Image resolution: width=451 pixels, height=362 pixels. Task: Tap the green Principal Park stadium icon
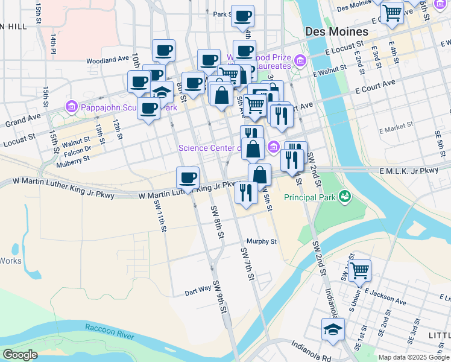344,196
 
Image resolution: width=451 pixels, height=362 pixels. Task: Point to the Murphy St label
261,241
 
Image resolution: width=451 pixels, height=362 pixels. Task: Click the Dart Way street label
198,291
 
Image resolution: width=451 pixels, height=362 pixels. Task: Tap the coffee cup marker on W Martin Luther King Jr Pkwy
188,177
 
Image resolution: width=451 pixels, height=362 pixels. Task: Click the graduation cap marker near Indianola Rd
333,329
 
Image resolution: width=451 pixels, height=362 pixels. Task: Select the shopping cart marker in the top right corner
393,12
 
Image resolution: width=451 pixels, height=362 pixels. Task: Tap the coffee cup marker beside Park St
242,16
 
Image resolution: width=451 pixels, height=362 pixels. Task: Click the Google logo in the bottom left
20,355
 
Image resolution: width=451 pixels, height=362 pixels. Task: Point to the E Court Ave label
374,85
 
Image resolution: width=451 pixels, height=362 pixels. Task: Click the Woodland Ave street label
107,60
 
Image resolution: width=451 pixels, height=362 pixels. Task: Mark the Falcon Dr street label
80,149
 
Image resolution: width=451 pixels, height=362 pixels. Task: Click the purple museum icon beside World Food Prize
300,60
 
